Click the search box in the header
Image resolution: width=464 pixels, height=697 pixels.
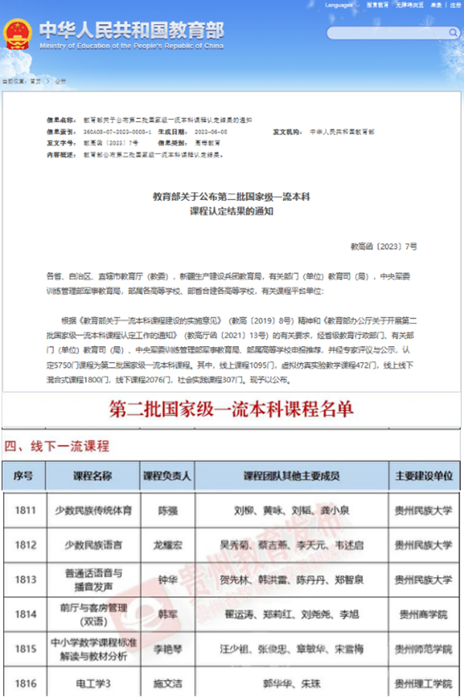click(387, 33)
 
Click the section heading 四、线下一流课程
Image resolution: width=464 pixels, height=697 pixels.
click(57, 446)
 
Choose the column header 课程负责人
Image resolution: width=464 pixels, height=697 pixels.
click(167, 476)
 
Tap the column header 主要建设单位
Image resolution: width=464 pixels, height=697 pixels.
click(424, 476)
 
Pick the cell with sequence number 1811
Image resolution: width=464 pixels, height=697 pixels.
click(25, 511)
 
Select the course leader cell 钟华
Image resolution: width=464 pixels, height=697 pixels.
click(167, 579)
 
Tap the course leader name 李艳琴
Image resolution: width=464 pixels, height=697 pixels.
click(167, 648)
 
